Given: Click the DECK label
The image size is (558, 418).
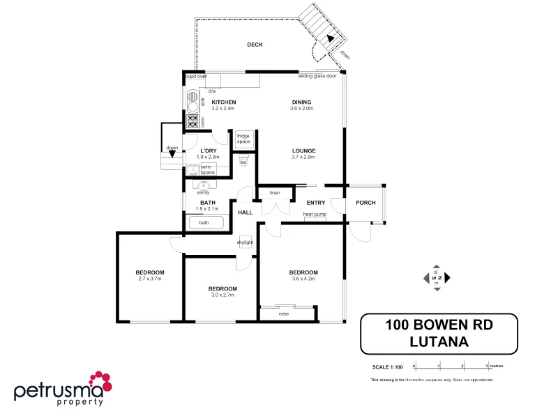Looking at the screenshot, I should point(255,45).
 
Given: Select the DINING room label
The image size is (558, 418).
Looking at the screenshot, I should point(301,102).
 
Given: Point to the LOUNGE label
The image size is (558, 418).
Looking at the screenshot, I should point(303,150).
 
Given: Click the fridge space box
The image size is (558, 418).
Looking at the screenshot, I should point(243,139).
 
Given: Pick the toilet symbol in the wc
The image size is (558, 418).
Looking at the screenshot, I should point(243,160).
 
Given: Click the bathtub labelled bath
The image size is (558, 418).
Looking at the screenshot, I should point(204,223).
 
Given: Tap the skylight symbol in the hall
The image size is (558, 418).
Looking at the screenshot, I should point(245,242).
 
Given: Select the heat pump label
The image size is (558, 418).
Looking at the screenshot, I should point(315,215).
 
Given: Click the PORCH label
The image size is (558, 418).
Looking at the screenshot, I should point(365,203).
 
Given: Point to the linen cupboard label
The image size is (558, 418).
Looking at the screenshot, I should point(274,192).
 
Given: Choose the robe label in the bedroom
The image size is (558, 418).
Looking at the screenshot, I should point(284,314).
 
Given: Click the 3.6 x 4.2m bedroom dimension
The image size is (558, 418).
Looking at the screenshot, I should point(303,279).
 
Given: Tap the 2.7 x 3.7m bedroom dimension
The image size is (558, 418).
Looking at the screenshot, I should point(150,279).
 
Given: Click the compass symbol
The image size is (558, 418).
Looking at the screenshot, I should point(437,277).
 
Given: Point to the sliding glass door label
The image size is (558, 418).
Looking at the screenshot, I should point(317,76).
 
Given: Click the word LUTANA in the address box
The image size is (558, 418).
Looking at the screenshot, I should point(439,341).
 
